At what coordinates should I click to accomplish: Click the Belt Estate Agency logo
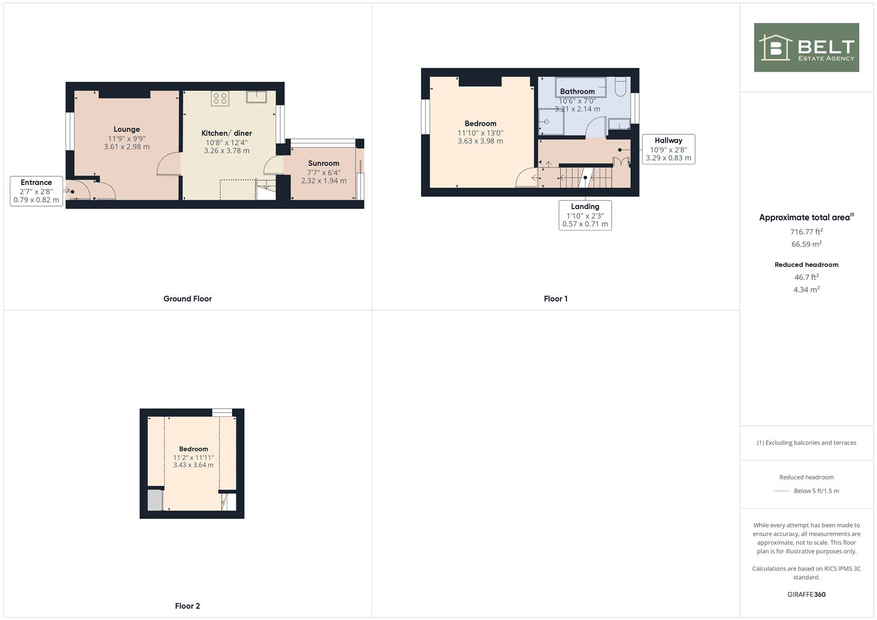coord(806,48)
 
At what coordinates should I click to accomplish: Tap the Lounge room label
coord(126,130)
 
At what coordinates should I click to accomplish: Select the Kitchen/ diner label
coord(226,133)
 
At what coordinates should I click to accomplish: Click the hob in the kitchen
coord(220,98)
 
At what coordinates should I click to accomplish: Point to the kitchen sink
coord(256,96)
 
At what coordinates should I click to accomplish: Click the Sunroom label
coord(323,164)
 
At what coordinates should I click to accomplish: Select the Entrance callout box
coord(36,191)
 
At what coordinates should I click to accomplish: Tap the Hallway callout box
coord(668,149)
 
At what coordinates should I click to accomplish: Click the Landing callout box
coord(585,215)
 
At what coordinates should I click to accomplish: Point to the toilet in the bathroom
coord(620,87)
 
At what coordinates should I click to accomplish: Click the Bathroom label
coord(577,92)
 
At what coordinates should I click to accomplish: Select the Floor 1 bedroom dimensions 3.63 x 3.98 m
coord(480,141)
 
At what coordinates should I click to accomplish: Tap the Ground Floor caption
coord(187,299)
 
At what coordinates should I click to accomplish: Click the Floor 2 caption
coord(187,606)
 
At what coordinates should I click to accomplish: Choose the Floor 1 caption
coord(555,299)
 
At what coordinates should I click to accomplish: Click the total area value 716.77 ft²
coord(806,232)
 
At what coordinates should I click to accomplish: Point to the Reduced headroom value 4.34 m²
coord(806,290)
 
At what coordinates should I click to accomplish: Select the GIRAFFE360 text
coord(806,595)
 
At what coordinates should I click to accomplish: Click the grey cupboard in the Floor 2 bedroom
coord(155,500)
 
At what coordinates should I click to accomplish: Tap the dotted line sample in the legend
coord(782,491)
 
